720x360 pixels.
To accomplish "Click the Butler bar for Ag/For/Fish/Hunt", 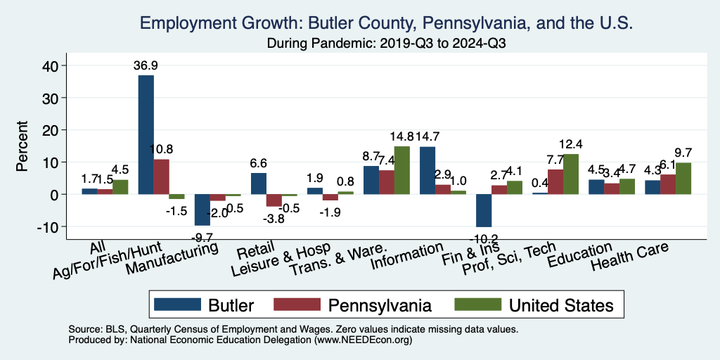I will pyautogui.click(x=146, y=134).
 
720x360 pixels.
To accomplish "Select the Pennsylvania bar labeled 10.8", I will pyautogui.click(x=161, y=176).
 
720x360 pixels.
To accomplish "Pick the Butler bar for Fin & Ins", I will pyautogui.click(x=483, y=210).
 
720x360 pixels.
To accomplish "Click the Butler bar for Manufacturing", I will pyautogui.click(x=202, y=210).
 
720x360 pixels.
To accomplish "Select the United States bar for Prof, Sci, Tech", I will pyautogui.click(x=570, y=174).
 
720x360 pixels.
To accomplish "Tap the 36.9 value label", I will pyautogui.click(x=146, y=65).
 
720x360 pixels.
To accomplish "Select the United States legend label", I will pyautogui.click(x=561, y=305).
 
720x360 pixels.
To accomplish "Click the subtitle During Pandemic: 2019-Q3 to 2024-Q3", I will pyautogui.click(x=387, y=43).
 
